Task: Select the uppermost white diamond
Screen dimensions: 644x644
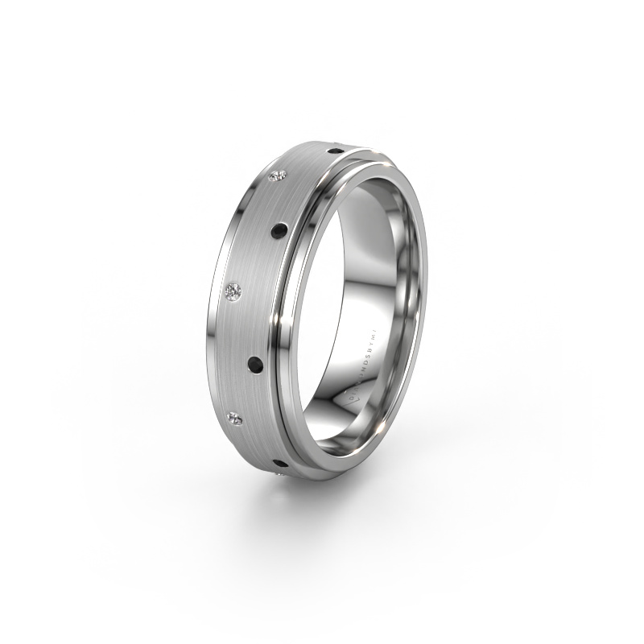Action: (280, 176)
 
